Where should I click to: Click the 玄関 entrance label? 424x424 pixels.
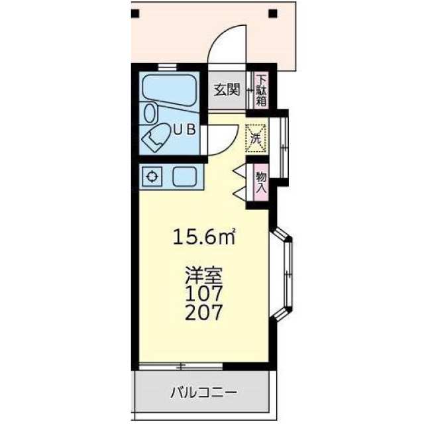pos(227,89)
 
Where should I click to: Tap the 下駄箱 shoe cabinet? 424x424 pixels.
pos(261,90)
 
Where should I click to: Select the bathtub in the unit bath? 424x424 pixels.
pos(170,91)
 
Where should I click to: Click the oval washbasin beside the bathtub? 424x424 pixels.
pos(150,113)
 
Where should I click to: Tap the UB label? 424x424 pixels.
pos(184,130)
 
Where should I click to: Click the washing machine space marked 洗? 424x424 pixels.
pos(256,138)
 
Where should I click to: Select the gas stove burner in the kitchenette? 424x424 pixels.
pos(152,177)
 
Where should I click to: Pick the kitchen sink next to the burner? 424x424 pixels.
pos(185,177)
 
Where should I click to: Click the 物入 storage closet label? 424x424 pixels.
pos(261,182)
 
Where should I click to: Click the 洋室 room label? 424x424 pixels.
pos(203,276)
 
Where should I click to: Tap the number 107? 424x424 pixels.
pos(204,293)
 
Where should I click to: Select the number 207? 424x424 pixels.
pos(204,312)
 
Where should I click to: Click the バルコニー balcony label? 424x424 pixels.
pos(204,392)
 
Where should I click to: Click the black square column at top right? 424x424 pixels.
pos(273,13)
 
